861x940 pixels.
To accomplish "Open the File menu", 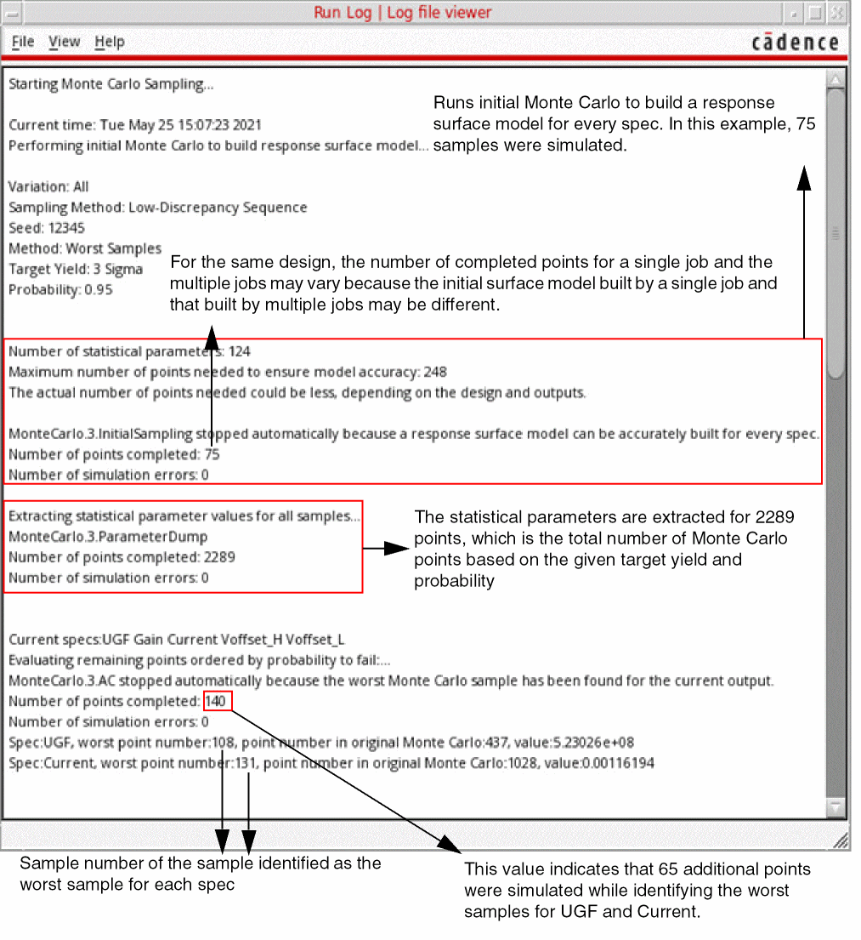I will pos(23,42).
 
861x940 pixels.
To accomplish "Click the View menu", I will pos(64,42).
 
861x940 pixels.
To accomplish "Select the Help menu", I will pos(109,42).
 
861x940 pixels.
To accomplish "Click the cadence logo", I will pos(795,43).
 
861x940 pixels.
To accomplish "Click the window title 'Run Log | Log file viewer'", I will pos(402,13).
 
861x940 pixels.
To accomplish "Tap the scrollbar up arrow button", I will pos(836,80).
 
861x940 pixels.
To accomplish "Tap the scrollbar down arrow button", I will pos(836,806).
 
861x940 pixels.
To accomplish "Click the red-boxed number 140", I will pos(216,701).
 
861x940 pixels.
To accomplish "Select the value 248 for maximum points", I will pos(434,372).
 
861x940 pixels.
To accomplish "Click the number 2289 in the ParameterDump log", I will pos(218,557).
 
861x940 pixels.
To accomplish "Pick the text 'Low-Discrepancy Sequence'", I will pos(218,208).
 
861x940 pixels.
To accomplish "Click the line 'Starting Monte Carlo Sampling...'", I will pos(110,84).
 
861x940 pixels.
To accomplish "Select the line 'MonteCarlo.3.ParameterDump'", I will pos(108,537).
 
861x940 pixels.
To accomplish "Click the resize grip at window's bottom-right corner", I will pos(840,840).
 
